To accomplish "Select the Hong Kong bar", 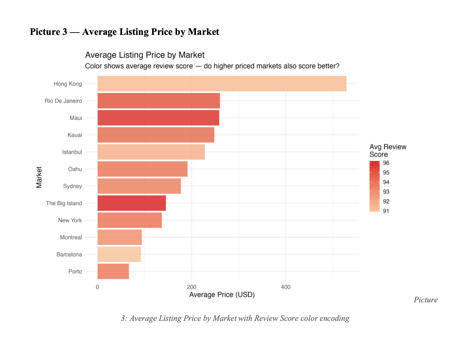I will click(222, 84).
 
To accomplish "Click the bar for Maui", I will click(158, 118).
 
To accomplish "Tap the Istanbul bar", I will click(151, 152).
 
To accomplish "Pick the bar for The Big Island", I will click(131, 203).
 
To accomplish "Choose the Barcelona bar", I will click(119, 254).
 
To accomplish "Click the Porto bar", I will click(113, 271).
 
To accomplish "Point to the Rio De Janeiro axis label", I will click(63, 101).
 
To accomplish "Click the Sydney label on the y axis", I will click(72, 186).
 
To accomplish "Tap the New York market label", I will click(70, 220).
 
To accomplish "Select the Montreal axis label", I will click(71, 237).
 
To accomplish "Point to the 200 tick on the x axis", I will click(192, 287).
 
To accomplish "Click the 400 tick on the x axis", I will click(286, 287).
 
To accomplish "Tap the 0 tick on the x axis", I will click(97, 287).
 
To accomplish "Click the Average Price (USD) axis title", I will click(222, 295).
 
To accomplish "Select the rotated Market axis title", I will click(39, 177).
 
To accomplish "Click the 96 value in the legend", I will click(386, 163).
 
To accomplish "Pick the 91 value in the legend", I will click(386, 211).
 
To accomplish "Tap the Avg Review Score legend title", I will click(388, 150).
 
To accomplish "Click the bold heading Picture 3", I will click(49, 32).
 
